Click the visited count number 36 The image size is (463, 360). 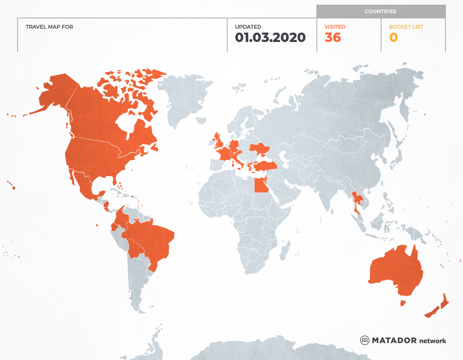(x=333, y=38)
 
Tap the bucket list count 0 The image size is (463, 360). (x=393, y=38)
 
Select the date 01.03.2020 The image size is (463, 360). (x=270, y=38)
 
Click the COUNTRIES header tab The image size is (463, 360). (x=380, y=12)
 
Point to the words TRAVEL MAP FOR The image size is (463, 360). (x=49, y=27)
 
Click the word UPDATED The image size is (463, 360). (x=248, y=27)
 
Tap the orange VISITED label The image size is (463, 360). (x=335, y=27)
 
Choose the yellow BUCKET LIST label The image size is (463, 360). (x=406, y=27)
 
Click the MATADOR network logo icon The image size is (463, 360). (x=365, y=340)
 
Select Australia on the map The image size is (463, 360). (x=394, y=270)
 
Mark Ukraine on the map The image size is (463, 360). (x=260, y=150)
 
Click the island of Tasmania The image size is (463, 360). (x=403, y=303)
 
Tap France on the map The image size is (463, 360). (x=224, y=153)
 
